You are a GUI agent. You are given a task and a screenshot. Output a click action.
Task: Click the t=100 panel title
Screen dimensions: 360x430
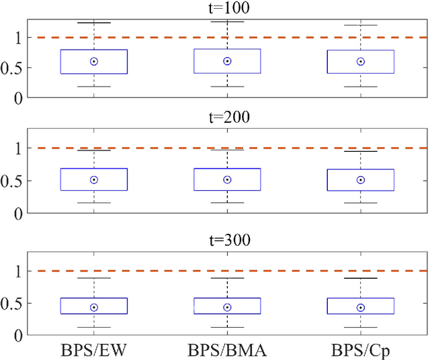[227, 9]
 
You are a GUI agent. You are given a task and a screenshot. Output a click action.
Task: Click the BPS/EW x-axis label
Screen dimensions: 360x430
[93, 350]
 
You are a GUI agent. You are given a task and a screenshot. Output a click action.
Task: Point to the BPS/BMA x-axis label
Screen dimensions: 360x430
[227, 350]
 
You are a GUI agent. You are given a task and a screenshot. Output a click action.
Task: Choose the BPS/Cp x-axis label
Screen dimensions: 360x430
[361, 350]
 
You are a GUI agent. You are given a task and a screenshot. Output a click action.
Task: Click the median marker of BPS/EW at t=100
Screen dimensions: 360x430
[94, 61]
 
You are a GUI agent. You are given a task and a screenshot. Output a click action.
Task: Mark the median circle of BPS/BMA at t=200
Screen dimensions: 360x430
[227, 179]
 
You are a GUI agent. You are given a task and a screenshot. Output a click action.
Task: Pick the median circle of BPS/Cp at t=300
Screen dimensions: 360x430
[361, 308]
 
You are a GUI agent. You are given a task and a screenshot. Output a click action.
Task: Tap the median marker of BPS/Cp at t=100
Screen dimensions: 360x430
[361, 61]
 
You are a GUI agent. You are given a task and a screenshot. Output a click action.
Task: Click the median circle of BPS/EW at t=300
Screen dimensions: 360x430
[94, 308]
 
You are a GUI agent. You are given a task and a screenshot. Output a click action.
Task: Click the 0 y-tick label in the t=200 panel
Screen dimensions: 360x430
[28, 214]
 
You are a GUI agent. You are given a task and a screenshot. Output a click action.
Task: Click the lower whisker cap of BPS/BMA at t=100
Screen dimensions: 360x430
[227, 87]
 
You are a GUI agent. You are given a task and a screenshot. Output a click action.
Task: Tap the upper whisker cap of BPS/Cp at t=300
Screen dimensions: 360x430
[361, 278]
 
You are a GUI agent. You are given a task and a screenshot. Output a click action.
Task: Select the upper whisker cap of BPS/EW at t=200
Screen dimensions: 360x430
[94, 150]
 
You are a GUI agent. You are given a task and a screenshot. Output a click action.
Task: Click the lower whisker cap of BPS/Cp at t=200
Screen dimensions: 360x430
[361, 203]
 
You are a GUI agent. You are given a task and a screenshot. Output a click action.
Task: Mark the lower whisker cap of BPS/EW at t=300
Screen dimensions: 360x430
[94, 328]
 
